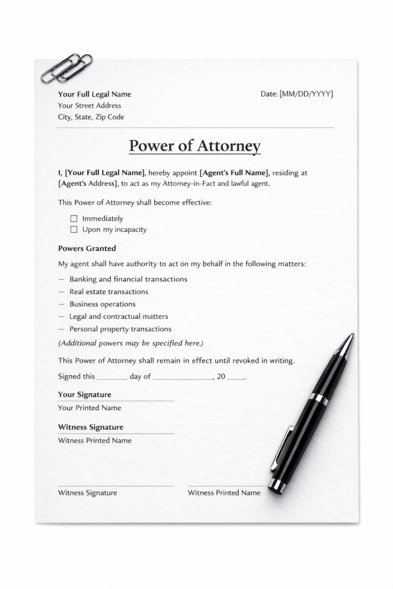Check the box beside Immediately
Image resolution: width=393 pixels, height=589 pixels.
point(74,219)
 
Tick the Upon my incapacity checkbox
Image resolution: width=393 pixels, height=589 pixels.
point(74,230)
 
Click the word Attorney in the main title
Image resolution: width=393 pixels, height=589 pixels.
point(229,146)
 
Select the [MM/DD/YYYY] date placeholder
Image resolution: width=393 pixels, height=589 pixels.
point(306,94)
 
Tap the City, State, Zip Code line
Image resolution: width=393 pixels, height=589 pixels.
point(91,117)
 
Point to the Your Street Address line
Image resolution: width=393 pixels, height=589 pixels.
point(89,105)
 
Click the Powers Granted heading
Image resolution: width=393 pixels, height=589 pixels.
point(87,248)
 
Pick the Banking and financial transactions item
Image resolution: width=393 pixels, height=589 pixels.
point(128,279)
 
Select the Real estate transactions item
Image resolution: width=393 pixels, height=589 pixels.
point(109,292)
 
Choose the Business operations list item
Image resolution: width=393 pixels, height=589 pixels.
point(102,304)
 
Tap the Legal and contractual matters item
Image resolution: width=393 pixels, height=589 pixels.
point(119,316)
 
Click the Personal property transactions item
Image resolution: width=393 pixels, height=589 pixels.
point(120,329)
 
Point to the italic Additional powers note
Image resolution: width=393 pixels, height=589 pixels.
point(131,343)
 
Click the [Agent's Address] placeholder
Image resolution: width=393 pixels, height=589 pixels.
point(88,183)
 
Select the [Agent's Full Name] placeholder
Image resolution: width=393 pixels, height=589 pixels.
point(234,173)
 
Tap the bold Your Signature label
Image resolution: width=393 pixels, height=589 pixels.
point(85,395)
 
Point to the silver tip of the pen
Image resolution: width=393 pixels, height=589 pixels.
point(346,343)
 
